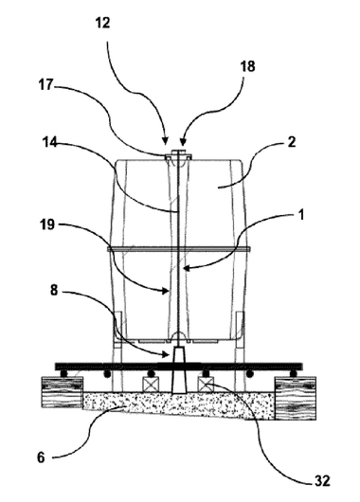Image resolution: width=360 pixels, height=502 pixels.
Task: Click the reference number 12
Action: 103,23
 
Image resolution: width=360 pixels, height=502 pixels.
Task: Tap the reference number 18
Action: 247,66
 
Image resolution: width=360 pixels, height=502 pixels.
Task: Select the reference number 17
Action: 45,85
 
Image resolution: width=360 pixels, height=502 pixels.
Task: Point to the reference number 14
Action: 50,142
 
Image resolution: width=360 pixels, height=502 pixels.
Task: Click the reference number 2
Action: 292,142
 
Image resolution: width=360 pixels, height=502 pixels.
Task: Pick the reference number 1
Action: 301,215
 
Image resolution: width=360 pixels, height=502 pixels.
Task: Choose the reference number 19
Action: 47,224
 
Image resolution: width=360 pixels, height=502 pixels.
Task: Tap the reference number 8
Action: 54,291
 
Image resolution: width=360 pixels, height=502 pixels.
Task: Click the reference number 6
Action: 41,457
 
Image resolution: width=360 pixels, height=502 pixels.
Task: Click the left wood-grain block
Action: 63,392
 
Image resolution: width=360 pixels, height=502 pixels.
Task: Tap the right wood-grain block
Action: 296,398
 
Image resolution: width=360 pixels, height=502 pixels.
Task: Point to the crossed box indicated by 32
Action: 206,385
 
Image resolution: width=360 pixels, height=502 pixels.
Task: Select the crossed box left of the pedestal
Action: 151,385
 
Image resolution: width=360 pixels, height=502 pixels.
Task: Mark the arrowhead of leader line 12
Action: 165,141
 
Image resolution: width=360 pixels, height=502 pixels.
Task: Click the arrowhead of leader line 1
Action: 187,268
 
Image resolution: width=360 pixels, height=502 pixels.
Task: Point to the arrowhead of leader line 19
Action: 165,291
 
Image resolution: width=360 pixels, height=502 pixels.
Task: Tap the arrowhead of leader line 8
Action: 165,354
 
